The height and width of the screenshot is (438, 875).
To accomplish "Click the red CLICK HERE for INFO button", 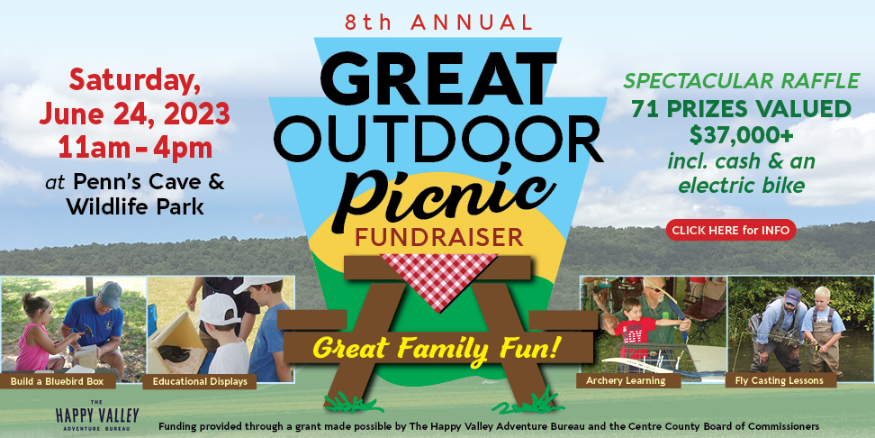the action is [730, 230].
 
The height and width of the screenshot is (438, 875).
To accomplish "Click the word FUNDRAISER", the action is [438, 237].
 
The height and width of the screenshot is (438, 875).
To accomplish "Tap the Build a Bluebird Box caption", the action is [58, 381].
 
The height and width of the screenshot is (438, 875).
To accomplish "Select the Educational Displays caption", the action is [199, 381].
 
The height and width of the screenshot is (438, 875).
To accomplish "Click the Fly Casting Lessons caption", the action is [781, 380].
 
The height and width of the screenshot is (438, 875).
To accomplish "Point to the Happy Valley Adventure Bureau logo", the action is [97, 415].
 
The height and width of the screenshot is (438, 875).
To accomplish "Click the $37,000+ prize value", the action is [742, 135].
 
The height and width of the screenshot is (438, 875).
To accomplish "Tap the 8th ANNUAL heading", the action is [438, 23].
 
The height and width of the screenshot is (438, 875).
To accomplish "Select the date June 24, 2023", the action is [134, 114].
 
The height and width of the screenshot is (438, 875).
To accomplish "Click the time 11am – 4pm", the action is [135, 149].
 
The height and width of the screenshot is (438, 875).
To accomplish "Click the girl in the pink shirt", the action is [36, 335].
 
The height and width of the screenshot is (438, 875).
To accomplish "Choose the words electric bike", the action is [741, 185].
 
